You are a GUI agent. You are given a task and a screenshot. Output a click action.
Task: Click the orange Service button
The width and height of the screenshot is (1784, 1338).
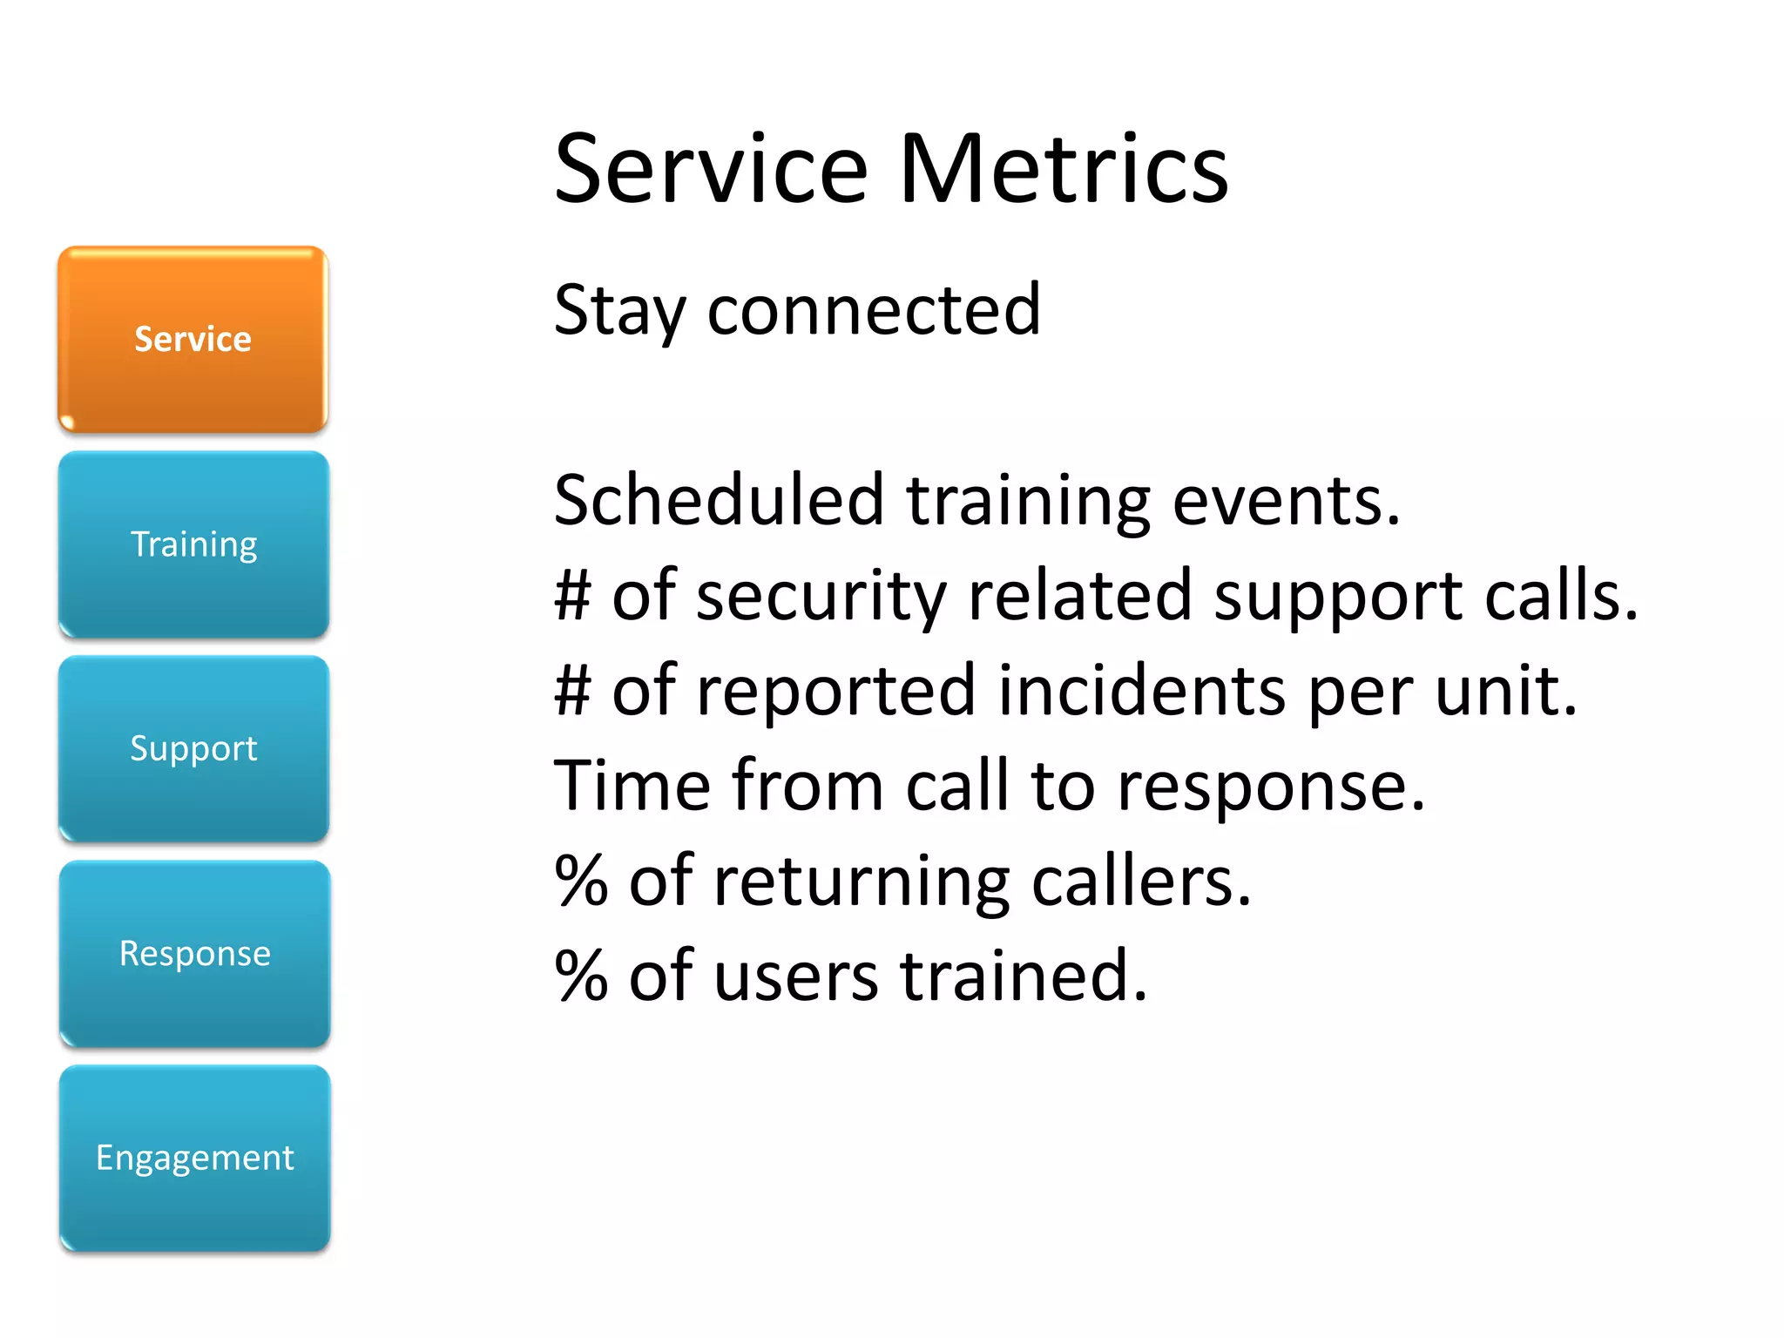coord(193,339)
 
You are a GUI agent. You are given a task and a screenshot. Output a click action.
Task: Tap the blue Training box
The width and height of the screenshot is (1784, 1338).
coord(193,544)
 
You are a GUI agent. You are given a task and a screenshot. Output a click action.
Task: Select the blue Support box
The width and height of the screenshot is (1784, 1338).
coord(193,749)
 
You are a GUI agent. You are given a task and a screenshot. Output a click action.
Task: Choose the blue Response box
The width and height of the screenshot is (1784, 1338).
coord(194,953)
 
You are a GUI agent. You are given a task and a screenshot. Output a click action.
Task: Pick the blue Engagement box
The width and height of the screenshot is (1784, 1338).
coord(194,1158)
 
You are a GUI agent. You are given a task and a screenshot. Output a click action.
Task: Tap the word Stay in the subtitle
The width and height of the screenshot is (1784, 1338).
coord(619,312)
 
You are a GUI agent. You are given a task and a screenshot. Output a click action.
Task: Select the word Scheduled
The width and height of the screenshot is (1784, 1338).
coord(719,500)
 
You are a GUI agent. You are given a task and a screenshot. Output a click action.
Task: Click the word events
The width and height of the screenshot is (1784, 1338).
coord(1286,502)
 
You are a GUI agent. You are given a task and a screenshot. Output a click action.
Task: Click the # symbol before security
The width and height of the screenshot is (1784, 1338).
coord(572,596)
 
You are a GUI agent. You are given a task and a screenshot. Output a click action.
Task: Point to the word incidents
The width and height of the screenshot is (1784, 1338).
coord(1141,690)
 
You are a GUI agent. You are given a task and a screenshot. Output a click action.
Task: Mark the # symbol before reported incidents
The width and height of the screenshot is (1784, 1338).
coord(572,691)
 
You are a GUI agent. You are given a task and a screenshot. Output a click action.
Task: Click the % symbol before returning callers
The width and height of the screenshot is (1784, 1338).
coord(581,881)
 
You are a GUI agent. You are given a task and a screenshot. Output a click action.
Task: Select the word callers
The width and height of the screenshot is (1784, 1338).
coord(1140,881)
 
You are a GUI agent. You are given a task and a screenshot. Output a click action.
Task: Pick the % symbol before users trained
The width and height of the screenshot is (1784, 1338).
coord(581,976)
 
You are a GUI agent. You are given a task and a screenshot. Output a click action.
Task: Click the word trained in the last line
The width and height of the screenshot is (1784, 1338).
coord(1023,976)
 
